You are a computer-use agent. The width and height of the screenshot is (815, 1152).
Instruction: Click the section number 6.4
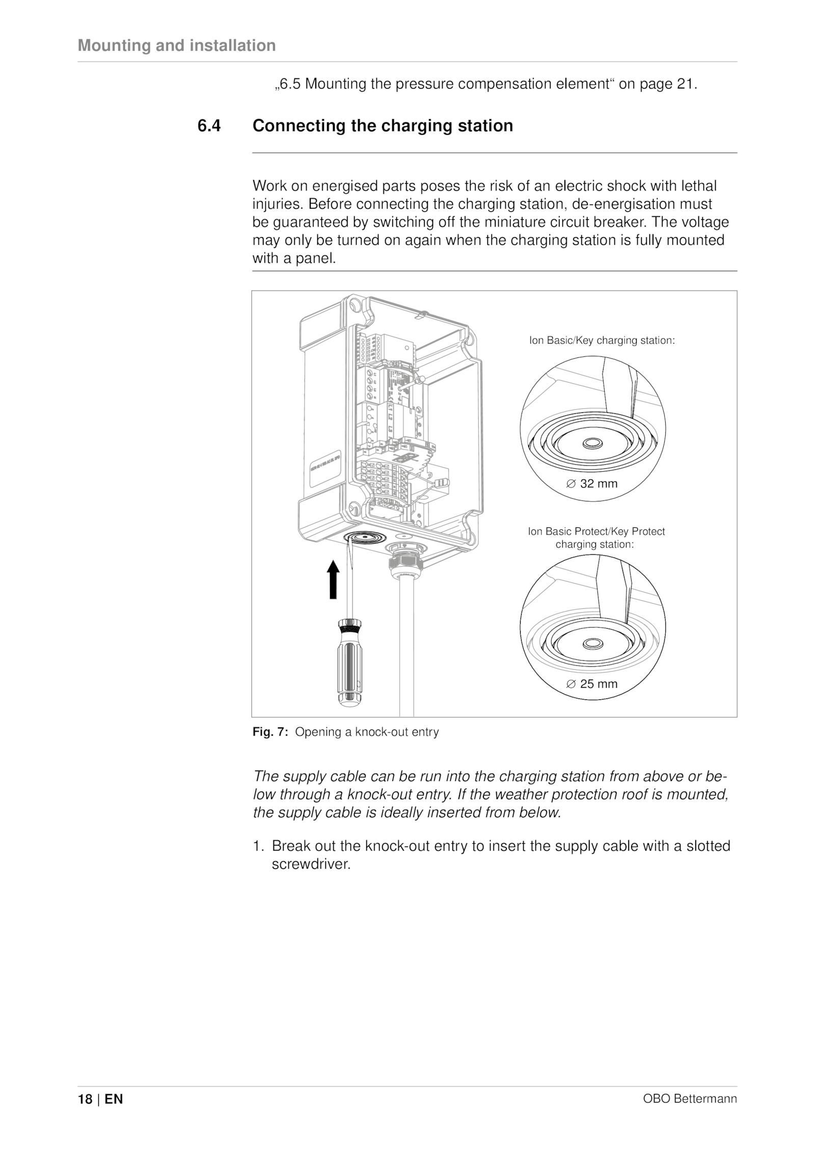coord(209,126)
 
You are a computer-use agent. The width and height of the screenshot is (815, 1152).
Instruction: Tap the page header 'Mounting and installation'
coord(177,45)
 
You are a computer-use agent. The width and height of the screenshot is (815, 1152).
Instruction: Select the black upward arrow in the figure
coord(333,579)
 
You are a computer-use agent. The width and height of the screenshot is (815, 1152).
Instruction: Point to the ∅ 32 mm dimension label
coord(592,484)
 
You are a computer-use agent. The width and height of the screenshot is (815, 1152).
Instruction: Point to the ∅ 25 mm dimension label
coord(592,684)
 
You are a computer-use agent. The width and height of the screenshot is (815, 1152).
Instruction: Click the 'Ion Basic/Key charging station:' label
coord(602,341)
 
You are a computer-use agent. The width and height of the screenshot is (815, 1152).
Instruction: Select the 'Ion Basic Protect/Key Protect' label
coord(596,531)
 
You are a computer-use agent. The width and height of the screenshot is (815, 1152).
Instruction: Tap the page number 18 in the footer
coord(85,1113)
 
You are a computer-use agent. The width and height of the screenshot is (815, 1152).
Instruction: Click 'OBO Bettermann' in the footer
coord(690,1113)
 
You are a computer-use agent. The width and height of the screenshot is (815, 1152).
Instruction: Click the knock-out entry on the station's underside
coord(365,539)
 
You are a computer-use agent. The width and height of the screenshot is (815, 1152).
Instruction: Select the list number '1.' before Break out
coord(258,846)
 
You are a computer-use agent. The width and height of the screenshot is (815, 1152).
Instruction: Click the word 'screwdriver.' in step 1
coord(312,864)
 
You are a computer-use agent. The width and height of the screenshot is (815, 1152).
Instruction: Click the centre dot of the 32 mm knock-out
coord(592,444)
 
